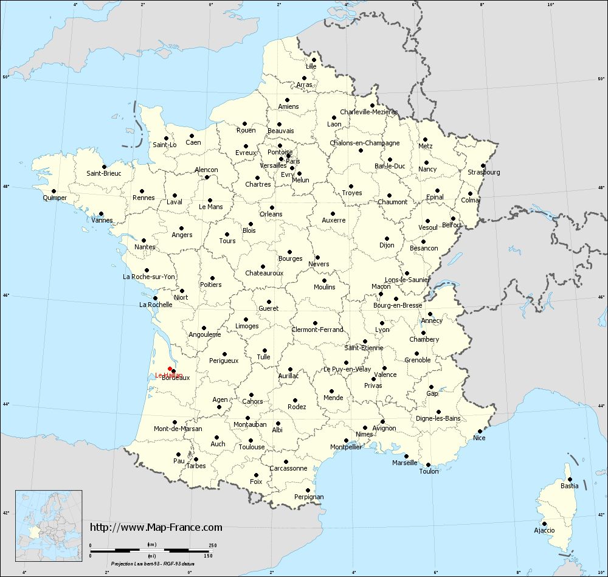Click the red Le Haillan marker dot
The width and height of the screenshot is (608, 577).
pos(170,368)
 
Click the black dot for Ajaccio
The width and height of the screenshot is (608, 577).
pos(544,523)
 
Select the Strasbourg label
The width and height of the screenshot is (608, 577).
pos(484,173)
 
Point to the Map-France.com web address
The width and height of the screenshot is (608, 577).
pos(156,527)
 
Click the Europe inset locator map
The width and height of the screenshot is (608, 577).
pos(48,519)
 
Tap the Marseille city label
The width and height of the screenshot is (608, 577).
pos(405,463)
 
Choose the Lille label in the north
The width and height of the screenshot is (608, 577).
pos(311,66)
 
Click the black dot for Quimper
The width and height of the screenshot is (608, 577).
pos(54,191)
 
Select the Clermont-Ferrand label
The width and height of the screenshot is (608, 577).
pos(317,330)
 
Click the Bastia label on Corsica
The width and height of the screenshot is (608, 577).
pos(569,486)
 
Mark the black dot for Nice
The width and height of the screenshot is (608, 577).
pos(480,431)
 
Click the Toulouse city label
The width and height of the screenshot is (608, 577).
pos(252,447)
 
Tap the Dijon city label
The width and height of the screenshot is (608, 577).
pos(387,245)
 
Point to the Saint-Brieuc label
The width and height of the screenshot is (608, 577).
pos(104,173)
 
